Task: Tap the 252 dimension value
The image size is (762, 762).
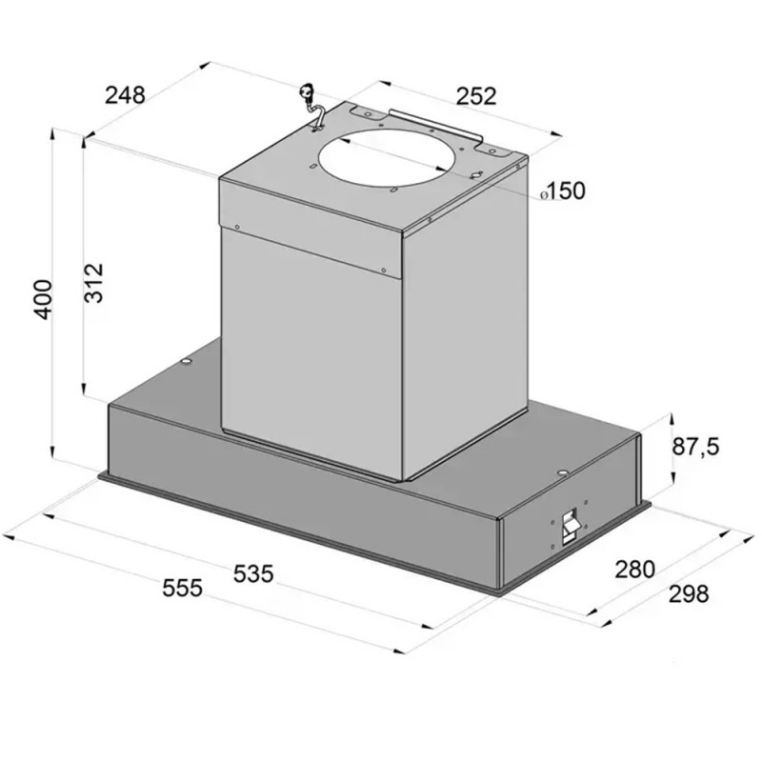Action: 476,96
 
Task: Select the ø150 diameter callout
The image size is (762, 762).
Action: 563,191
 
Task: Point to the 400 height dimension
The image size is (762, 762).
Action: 43,299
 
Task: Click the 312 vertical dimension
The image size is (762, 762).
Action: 93,283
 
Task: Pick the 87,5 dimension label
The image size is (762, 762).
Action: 695,447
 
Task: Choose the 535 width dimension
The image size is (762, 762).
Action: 253,573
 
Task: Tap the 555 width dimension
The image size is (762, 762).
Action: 182,588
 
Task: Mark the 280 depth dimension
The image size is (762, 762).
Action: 635,569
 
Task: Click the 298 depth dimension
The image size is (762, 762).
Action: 689,593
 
